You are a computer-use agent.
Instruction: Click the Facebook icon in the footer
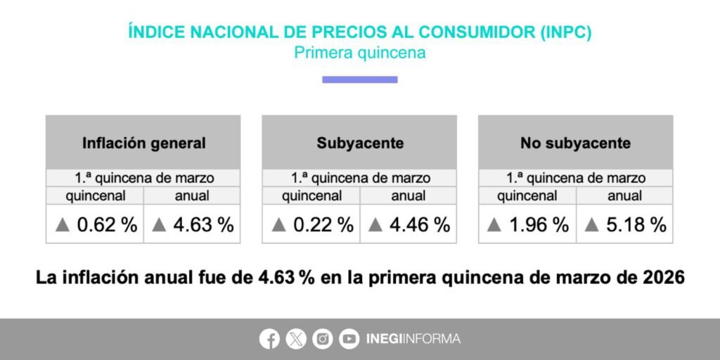(x=269, y=339)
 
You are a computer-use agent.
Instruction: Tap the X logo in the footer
(x=296, y=339)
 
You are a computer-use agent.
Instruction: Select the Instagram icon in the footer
(x=323, y=339)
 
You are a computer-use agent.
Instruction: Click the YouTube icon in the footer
(x=349, y=339)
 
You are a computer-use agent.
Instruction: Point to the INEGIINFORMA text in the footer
(x=413, y=339)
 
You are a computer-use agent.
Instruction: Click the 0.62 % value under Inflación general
(x=107, y=225)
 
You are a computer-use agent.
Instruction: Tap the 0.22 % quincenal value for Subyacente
(x=323, y=225)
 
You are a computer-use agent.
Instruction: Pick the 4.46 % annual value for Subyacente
(x=420, y=225)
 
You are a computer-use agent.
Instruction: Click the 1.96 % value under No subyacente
(x=539, y=225)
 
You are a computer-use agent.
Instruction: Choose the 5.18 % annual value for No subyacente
(x=636, y=225)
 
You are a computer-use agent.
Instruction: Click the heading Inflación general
(x=143, y=143)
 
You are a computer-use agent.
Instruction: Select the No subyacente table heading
(x=575, y=143)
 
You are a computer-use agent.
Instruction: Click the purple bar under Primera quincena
(x=359, y=79)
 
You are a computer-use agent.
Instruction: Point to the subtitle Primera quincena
(x=359, y=53)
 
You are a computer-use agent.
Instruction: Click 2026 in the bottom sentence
(x=662, y=278)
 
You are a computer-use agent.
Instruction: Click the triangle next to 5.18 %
(x=591, y=225)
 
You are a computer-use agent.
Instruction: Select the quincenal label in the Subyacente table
(x=311, y=196)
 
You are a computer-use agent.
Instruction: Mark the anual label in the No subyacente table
(x=624, y=196)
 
